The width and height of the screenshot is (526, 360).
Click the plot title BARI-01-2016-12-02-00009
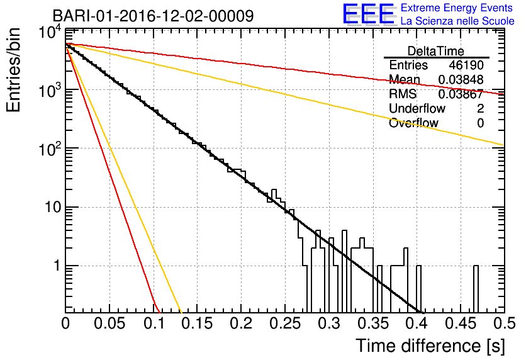[x=153, y=16]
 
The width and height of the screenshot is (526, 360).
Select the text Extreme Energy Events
[x=457, y=8]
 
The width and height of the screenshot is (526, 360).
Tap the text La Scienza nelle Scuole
[x=457, y=21]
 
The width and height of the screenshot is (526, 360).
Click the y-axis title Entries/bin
[x=13, y=70]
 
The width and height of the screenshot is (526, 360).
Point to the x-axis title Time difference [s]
[x=430, y=346]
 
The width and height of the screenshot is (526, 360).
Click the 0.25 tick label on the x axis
[x=285, y=323]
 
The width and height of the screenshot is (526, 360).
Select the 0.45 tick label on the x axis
[x=461, y=323]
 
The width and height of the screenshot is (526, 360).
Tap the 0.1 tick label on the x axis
[x=154, y=323]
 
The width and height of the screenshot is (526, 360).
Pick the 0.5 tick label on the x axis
[x=505, y=323]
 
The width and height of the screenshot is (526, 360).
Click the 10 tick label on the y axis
[x=53, y=207]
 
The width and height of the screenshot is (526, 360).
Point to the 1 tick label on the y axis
[x=57, y=266]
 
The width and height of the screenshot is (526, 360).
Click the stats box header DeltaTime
[x=436, y=51]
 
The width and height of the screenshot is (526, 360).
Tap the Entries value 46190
[x=466, y=65]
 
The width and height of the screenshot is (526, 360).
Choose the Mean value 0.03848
[x=461, y=79]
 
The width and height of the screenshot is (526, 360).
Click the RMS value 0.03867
[x=461, y=94]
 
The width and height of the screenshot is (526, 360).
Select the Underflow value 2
[x=480, y=108]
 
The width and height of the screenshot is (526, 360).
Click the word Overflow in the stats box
[x=413, y=123]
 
